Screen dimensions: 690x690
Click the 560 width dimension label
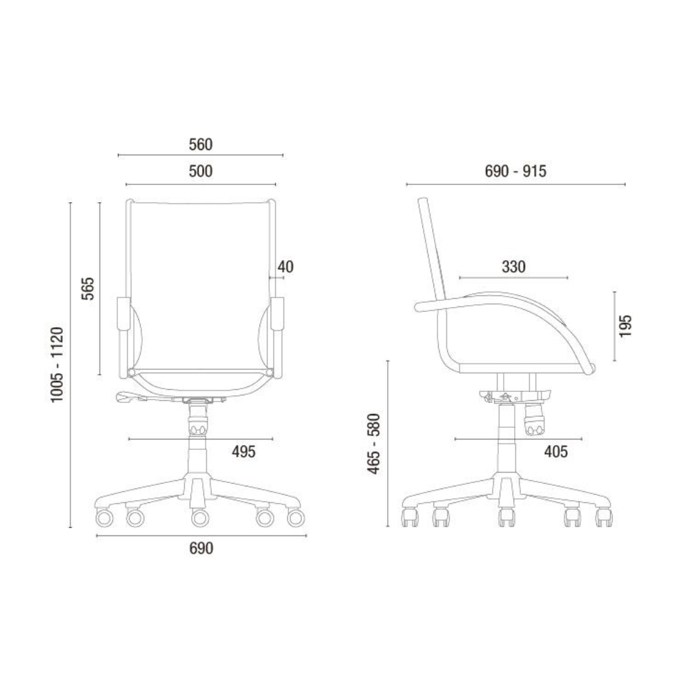201,144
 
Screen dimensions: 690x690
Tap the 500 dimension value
201,170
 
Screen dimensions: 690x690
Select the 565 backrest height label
88,288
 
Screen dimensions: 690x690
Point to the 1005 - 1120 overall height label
57,364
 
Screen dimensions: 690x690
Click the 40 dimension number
286,266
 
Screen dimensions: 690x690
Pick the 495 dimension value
244,451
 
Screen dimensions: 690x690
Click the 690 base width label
201,549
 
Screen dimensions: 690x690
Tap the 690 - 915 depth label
515,170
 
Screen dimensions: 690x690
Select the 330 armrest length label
513,266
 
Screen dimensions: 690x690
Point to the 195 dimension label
625,326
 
